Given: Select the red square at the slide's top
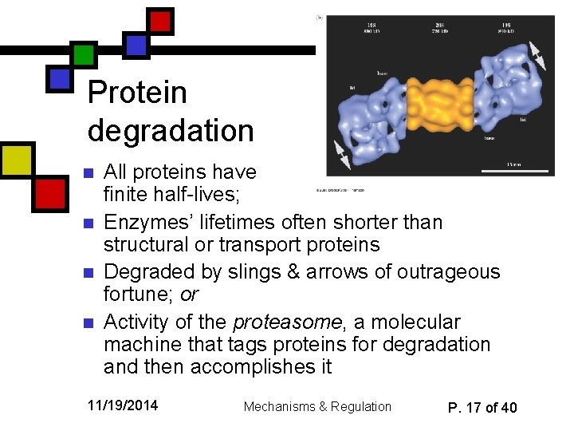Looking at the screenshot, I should tap(162, 21).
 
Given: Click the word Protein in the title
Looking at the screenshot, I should tap(137, 93).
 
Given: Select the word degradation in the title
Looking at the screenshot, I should tap(171, 130).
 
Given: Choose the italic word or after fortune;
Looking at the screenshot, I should tap(189, 295).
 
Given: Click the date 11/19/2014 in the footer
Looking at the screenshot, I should tap(123, 405).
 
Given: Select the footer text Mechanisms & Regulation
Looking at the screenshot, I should tap(317, 406).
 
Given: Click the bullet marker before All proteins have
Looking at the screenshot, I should tap(89, 172).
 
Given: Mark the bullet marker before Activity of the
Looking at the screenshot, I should tap(89, 323).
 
